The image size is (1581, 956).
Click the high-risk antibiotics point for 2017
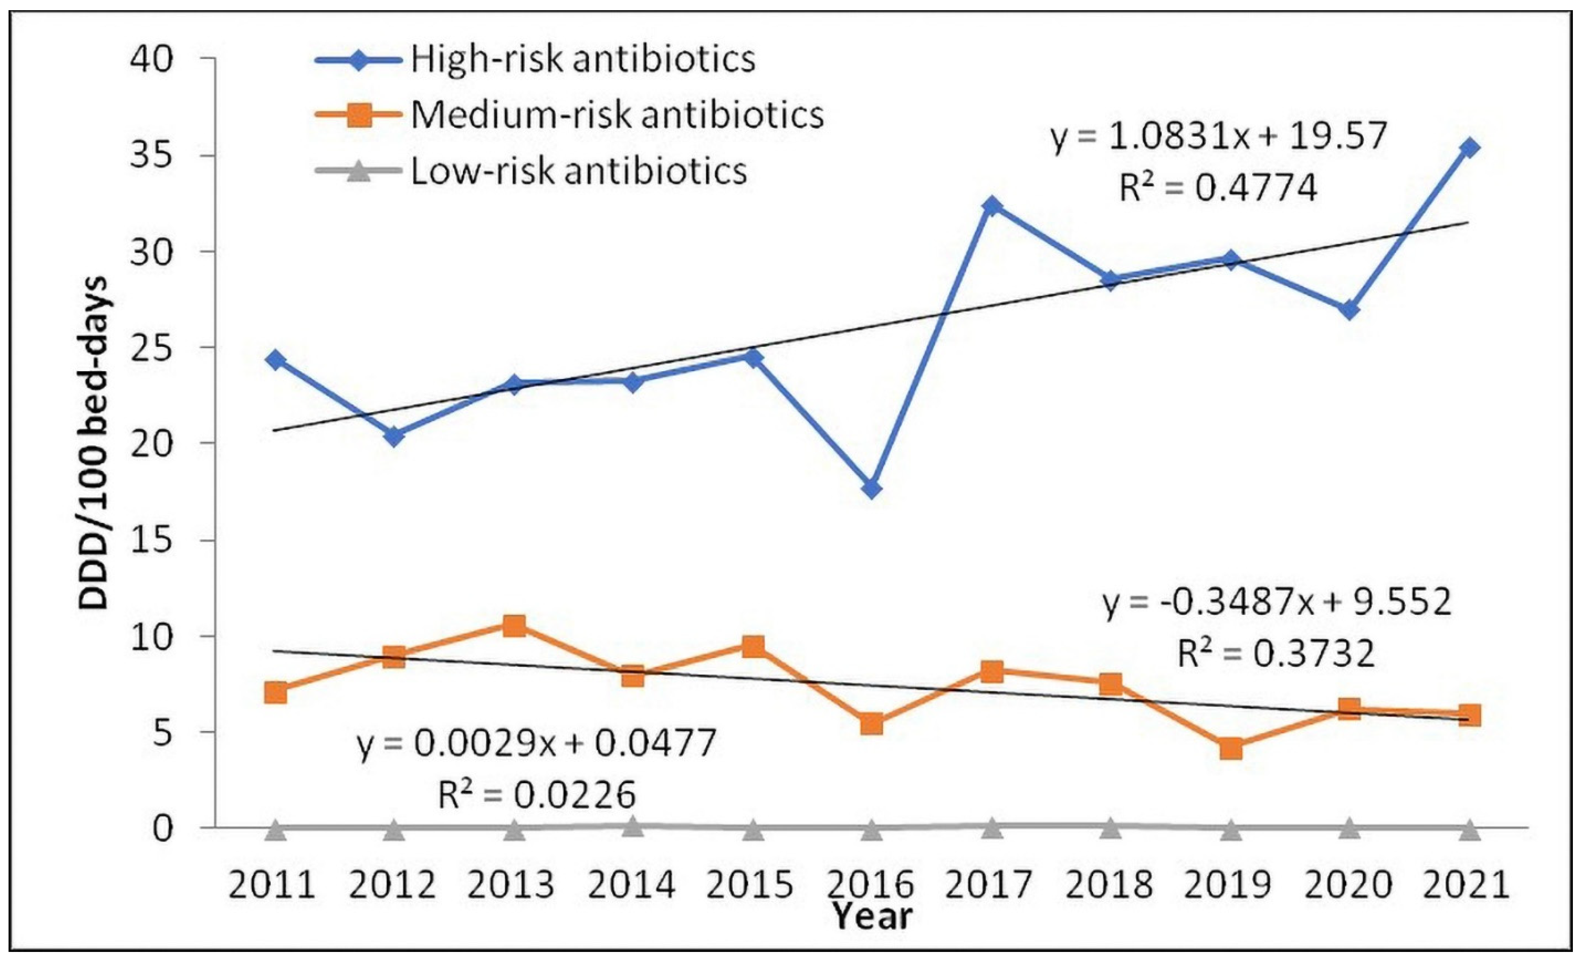coord(992,206)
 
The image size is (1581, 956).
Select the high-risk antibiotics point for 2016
coord(871,489)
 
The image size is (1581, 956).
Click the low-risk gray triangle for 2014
coord(633,826)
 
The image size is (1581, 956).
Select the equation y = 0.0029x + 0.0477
coord(536,744)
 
